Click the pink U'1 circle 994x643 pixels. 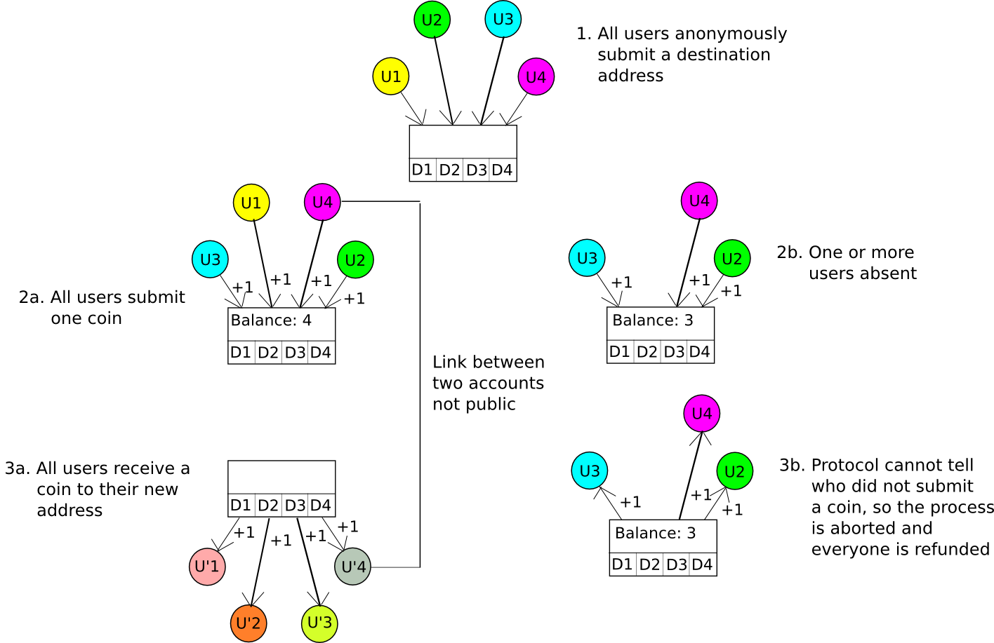click(207, 567)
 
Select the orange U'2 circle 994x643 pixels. click(249, 623)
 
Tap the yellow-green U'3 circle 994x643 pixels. click(319, 623)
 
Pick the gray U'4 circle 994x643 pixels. click(353, 567)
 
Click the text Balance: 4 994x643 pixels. click(271, 320)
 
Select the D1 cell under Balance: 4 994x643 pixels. click(241, 352)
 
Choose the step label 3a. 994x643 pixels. click(18, 468)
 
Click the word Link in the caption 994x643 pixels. click(446, 362)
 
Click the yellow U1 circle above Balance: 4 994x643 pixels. click(251, 203)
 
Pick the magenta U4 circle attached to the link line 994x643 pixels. click(323, 202)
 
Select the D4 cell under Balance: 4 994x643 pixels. click(322, 352)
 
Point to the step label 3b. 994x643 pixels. click(793, 466)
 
